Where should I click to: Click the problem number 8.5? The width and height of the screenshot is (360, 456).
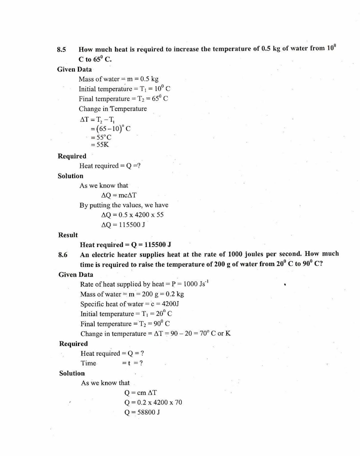61,50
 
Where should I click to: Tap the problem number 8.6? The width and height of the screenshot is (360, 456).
63,255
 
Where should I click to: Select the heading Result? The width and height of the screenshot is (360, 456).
68,235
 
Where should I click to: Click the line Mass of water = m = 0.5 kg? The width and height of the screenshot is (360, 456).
118,79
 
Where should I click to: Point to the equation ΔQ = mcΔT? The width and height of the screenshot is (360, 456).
119,195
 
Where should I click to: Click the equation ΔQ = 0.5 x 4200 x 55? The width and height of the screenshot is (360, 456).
132,215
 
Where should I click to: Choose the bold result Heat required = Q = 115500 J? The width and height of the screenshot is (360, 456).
125,245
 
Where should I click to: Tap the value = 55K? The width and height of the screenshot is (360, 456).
100,144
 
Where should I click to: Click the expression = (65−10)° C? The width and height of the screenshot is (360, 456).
110,129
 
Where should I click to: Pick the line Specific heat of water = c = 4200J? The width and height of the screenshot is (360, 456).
130,304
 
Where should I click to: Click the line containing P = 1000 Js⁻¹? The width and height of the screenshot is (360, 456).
144,284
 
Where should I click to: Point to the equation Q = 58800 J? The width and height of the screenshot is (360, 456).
142,412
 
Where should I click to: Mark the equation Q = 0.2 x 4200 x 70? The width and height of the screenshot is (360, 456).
153,402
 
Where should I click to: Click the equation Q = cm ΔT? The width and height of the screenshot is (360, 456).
140,393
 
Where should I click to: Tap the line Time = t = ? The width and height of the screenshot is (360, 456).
112,363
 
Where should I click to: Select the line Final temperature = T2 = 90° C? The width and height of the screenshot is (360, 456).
125,324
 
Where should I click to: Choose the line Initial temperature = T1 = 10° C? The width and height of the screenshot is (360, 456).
124,89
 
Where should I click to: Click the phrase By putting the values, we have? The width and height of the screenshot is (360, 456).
124,205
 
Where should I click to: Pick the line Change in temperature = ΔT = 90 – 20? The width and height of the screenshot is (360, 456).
155,333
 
